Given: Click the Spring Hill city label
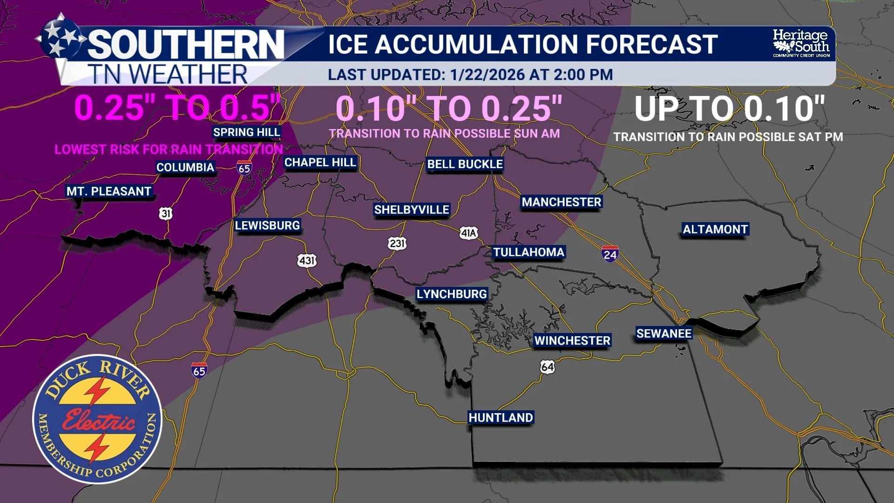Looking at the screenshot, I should click(246, 132).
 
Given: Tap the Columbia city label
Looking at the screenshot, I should click(185, 167).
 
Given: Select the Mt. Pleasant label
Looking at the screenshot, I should click(109, 191).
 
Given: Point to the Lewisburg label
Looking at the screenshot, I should click(267, 225).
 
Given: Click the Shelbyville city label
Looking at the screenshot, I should click(412, 210).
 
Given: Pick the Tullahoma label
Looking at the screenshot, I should click(528, 252).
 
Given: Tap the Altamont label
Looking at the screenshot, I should click(715, 229).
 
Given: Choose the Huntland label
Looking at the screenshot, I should click(501, 417).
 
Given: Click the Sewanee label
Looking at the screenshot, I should click(664, 333).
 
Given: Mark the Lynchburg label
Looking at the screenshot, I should click(452, 294).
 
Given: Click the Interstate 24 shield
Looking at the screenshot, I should click(610, 254).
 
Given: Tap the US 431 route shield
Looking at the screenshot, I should click(307, 260).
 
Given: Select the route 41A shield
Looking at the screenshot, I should click(468, 233).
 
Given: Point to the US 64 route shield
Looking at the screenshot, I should click(548, 367).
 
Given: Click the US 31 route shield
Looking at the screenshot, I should click(166, 213).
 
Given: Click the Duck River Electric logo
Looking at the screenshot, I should click(97, 419).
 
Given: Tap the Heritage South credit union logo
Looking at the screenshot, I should click(801, 43).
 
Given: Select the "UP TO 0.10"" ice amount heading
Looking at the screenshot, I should click(729, 109).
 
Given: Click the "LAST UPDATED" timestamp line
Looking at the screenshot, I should click(470, 75).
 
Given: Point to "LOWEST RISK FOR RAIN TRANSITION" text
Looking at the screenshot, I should click(169, 150).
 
